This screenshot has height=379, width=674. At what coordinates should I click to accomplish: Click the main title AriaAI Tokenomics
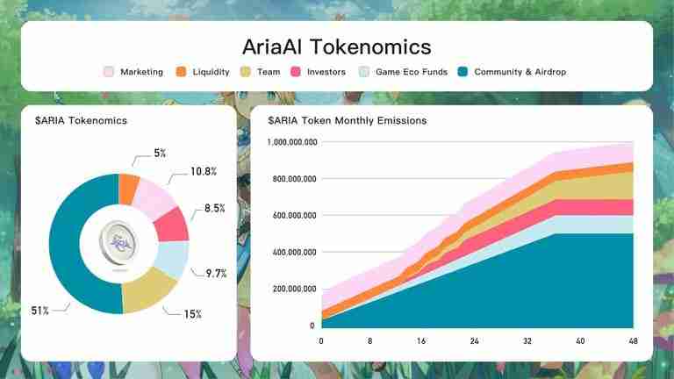click(337, 46)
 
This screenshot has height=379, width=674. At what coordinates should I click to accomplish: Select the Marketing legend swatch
click(110, 72)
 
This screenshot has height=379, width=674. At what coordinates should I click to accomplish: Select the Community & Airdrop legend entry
click(511, 72)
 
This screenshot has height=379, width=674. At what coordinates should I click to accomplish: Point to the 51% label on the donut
click(40, 310)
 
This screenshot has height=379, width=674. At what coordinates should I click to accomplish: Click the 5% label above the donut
click(159, 153)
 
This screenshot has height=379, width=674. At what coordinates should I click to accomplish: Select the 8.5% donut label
click(215, 209)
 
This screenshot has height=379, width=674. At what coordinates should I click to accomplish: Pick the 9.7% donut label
click(215, 273)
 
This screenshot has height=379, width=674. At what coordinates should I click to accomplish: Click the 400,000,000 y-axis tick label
click(289, 253)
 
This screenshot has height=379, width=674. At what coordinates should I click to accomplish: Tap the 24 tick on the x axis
click(474, 341)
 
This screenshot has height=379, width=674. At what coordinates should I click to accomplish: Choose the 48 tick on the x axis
click(633, 341)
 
